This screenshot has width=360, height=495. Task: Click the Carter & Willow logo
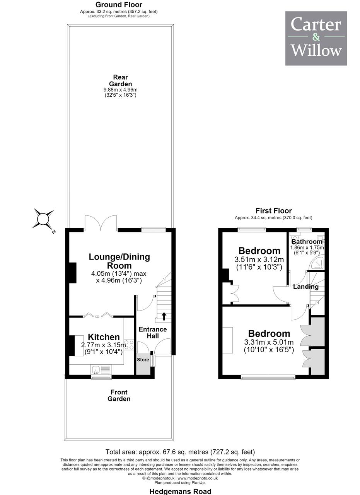pyautogui.click(x=316, y=38)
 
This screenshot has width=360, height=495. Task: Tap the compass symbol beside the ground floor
pyautogui.click(x=43, y=219)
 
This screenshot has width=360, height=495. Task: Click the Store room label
pyautogui.click(x=143, y=360)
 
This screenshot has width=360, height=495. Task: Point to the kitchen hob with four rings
pyautogui.click(x=129, y=345)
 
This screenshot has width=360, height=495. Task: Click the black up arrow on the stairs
pyautogui.click(x=164, y=316)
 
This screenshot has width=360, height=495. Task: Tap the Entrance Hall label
pyautogui.click(x=153, y=333)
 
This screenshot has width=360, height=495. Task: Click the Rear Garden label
pyautogui.click(x=120, y=80)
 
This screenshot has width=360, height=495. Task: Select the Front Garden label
pyautogui.click(x=119, y=395)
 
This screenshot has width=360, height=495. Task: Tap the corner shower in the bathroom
pyautogui.click(x=317, y=263)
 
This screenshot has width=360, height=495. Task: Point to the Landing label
pyautogui.click(x=306, y=287)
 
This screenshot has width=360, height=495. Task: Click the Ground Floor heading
pyautogui.click(x=119, y=4)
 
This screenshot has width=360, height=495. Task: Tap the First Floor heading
pyautogui.click(x=274, y=211)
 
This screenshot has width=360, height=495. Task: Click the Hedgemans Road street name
pyautogui.click(x=180, y=491)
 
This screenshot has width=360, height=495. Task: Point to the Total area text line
pyautogui.click(x=180, y=452)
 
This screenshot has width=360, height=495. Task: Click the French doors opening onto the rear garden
pyautogui.click(x=101, y=223)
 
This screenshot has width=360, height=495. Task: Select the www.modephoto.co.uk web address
pyautogui.click(x=198, y=478)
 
